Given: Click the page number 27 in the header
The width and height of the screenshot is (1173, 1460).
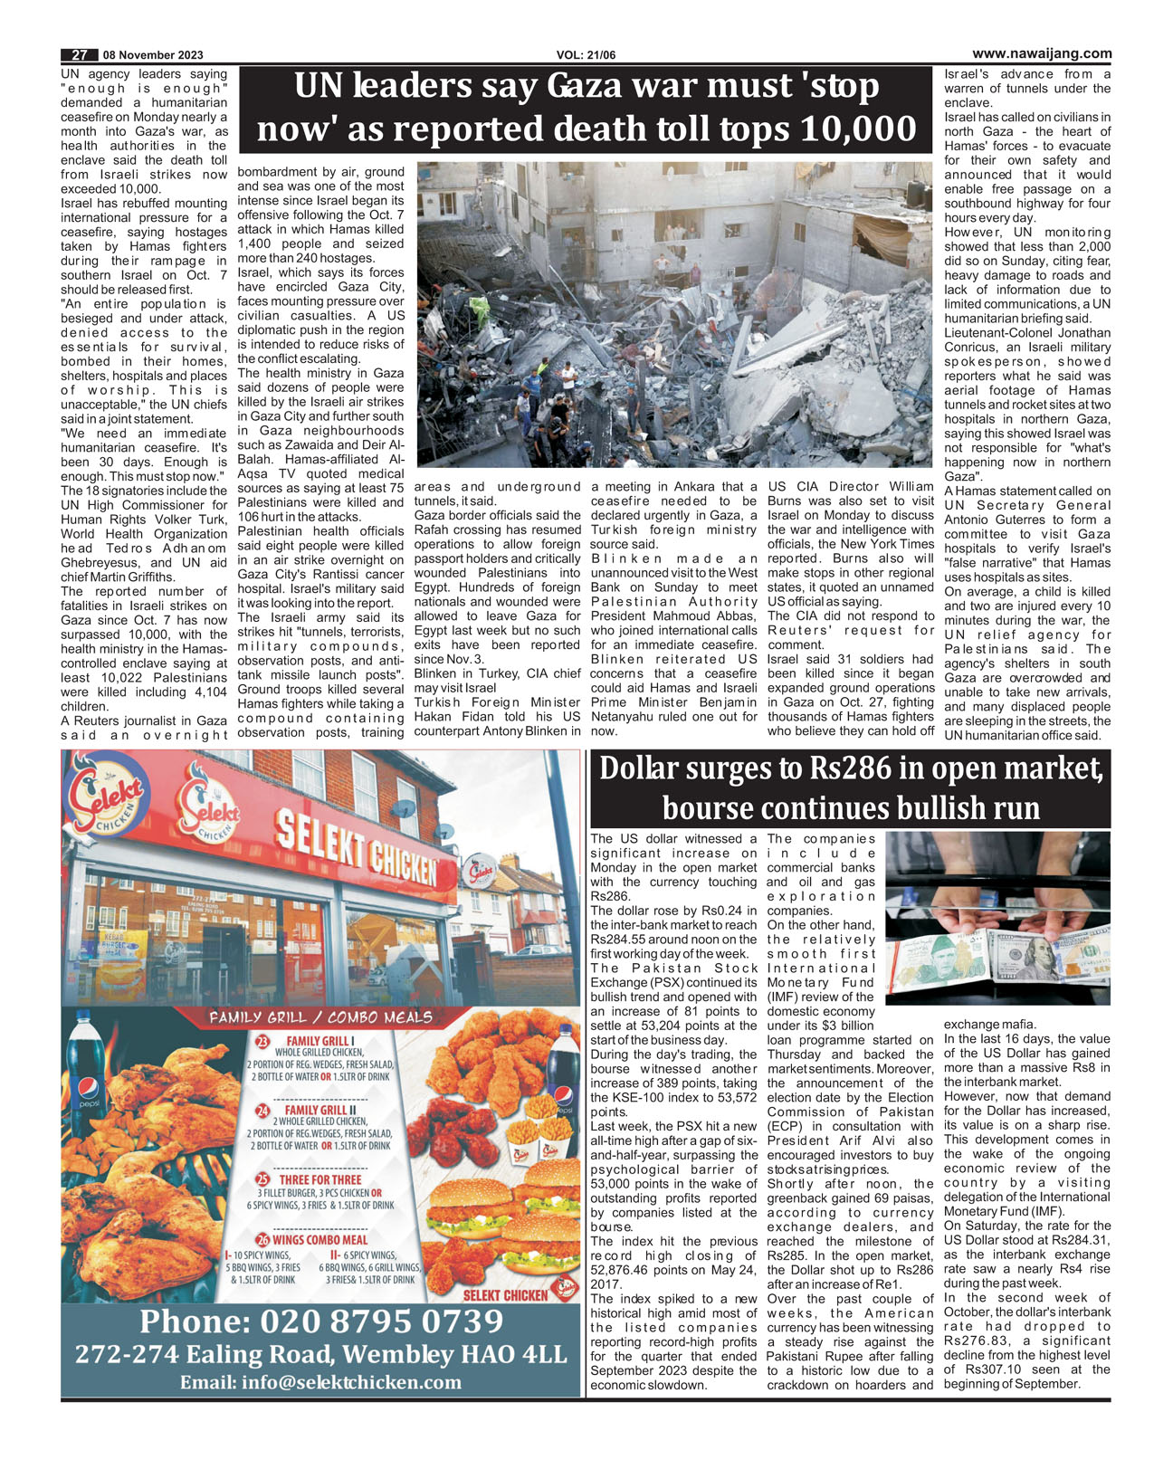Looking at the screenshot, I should [x=79, y=54].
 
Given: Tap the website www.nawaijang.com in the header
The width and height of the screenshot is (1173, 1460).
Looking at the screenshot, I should [x=1042, y=53].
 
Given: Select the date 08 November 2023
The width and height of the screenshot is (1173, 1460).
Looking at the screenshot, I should [x=153, y=54].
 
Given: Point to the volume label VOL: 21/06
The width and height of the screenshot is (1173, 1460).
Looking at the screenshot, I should [x=586, y=55].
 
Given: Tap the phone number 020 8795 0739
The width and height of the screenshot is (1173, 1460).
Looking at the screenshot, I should [x=321, y=1322].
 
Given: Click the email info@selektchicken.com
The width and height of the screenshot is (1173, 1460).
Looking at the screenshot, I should [x=321, y=1382].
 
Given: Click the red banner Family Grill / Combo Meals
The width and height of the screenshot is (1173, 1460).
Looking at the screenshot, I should [x=320, y=1017].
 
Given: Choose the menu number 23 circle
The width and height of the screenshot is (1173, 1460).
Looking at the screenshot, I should [x=262, y=1042].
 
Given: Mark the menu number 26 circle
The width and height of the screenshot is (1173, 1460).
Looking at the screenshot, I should [x=262, y=1240].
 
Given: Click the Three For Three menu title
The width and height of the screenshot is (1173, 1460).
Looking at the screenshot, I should [x=320, y=1179].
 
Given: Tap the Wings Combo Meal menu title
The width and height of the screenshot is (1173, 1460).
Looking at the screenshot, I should [x=320, y=1240].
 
